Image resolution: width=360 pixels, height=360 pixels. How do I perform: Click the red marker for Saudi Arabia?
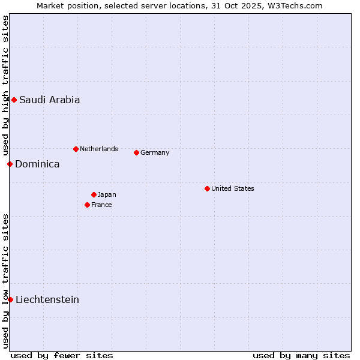(14, 100)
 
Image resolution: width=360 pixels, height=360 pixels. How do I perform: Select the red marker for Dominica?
(10, 164)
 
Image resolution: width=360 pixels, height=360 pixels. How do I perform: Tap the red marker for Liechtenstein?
(10, 299)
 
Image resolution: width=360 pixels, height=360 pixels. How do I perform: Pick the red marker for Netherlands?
(76, 149)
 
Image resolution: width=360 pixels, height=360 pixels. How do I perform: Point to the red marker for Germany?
(136, 152)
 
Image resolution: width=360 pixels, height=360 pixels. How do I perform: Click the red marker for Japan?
(94, 194)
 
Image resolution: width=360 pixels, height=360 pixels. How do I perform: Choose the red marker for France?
(87, 205)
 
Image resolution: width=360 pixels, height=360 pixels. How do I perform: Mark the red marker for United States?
(207, 188)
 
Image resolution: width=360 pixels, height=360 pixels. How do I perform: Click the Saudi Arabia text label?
(49, 100)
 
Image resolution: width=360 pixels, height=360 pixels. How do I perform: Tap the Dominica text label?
(37, 164)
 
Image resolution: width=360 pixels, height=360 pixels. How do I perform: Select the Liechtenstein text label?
(47, 299)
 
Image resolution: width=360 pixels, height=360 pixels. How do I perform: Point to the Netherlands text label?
(99, 149)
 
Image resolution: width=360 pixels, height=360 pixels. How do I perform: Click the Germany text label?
(155, 152)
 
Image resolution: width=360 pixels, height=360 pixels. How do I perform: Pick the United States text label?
(233, 188)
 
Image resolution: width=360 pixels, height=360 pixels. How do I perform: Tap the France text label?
(101, 205)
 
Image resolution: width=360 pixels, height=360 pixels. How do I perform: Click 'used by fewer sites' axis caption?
(62, 355)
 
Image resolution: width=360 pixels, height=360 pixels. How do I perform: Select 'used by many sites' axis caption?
(301, 355)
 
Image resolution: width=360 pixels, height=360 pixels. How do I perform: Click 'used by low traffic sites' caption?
(5, 280)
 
